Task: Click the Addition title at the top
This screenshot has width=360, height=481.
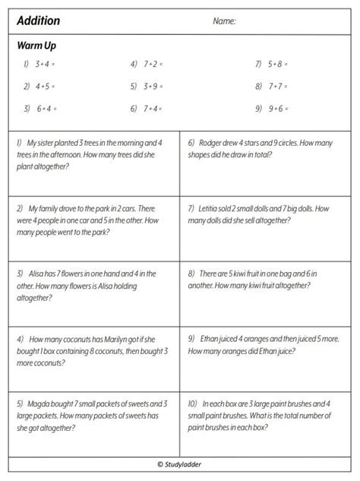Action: click(39, 21)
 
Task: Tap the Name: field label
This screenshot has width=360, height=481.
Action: click(224, 21)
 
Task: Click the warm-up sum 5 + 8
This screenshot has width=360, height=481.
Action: click(278, 65)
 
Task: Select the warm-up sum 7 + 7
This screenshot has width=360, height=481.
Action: click(278, 87)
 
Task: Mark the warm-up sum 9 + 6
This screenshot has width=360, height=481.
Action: click(278, 109)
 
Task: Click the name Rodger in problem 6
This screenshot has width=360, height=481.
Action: click(216, 142)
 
